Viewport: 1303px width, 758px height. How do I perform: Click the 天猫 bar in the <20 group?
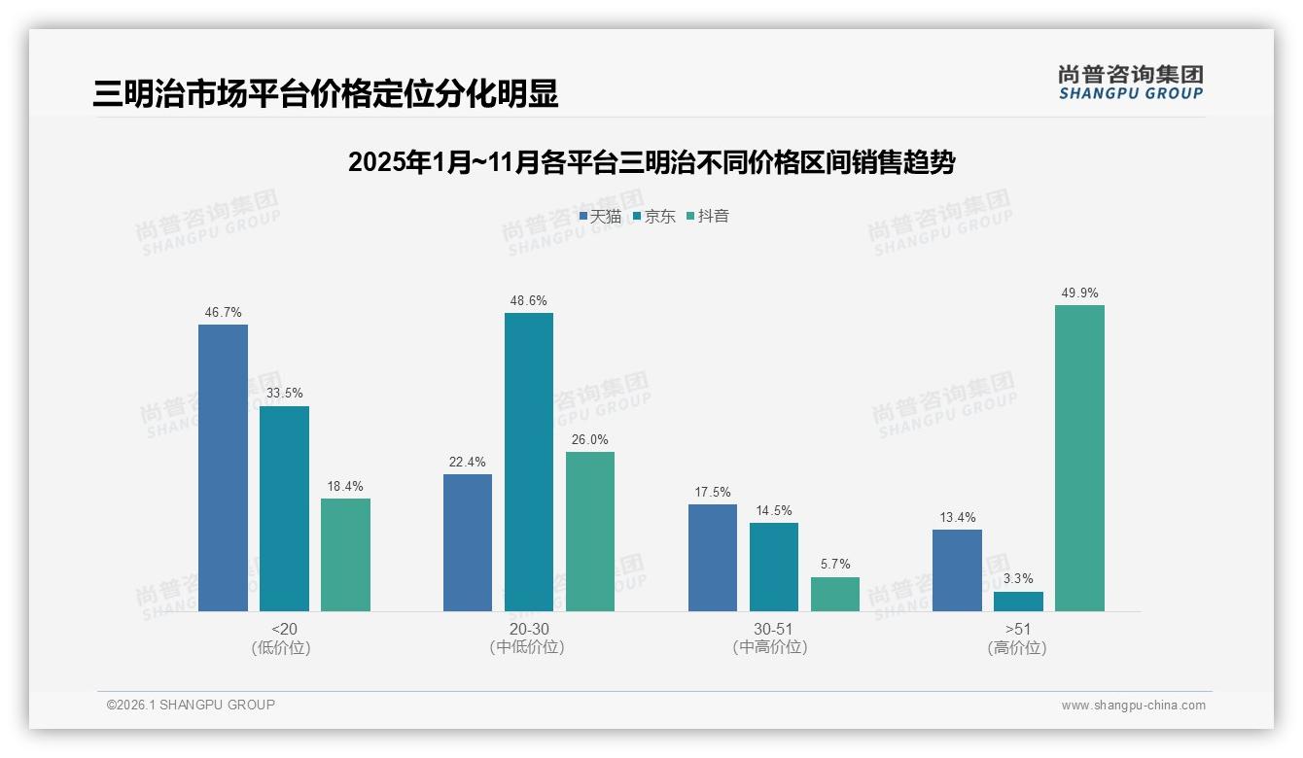(223, 467)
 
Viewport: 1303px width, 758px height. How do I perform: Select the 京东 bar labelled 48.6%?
(528, 462)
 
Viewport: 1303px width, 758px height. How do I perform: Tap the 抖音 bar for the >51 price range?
(1079, 458)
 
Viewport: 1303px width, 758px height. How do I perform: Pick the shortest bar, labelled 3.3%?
(1018, 602)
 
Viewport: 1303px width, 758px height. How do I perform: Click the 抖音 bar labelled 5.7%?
(834, 594)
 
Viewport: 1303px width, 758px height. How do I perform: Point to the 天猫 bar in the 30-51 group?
(712, 558)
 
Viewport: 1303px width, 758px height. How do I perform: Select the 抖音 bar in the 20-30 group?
(589, 532)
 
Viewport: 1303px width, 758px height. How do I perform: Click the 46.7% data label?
(223, 313)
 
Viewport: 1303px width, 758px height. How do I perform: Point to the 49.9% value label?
(1079, 293)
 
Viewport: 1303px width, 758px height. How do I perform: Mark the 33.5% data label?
(284, 394)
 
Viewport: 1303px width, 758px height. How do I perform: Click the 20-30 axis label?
(528, 629)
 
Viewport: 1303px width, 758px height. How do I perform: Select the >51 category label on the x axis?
(1018, 629)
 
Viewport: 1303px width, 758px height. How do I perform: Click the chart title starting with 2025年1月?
(651, 162)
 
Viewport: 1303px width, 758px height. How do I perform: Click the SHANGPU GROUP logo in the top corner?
(1131, 83)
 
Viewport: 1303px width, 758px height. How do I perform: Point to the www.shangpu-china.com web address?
(1133, 705)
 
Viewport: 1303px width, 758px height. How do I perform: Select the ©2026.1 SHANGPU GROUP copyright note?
(191, 705)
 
